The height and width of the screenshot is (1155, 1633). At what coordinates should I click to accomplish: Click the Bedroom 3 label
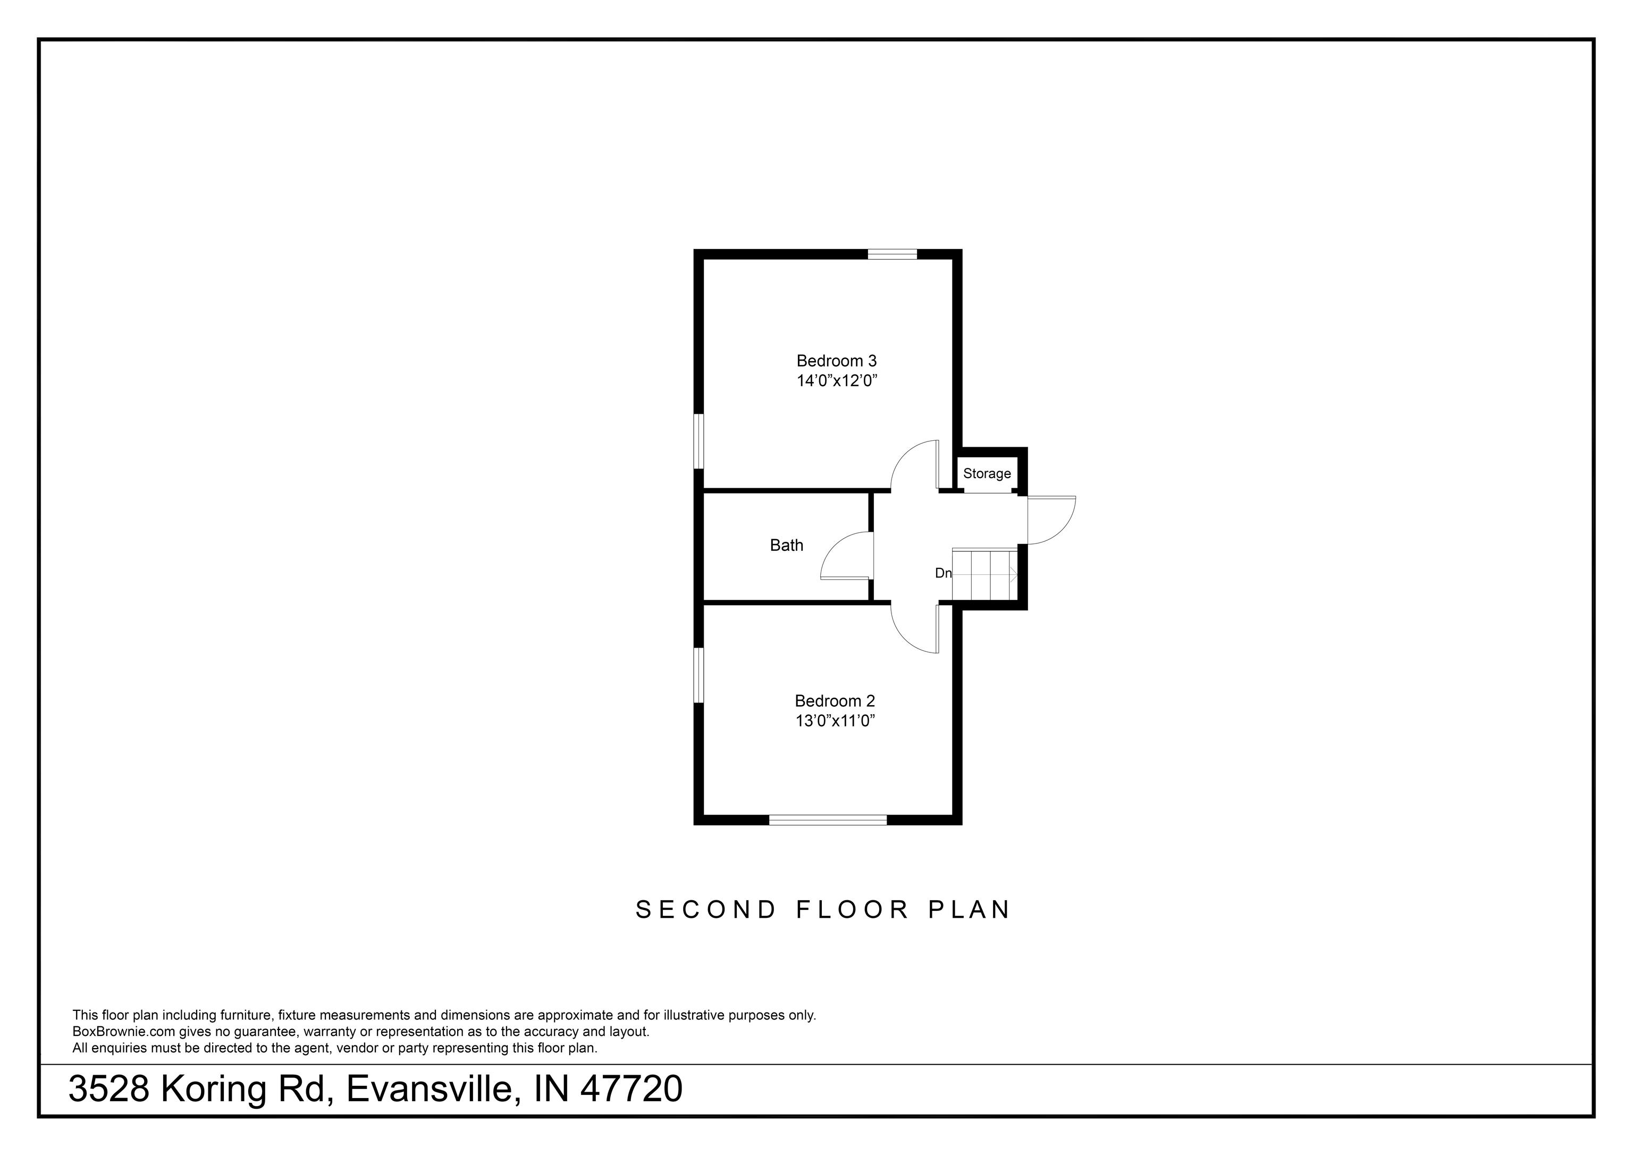tap(836, 361)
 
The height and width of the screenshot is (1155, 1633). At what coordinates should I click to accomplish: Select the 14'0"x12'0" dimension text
tap(836, 381)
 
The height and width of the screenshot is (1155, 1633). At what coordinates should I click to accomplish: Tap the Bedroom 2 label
tap(834, 701)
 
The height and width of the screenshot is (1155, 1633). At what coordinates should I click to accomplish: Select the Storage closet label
tap(987, 473)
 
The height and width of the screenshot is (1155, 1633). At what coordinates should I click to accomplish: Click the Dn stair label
tap(942, 573)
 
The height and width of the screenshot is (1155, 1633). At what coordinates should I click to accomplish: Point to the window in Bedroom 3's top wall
tap(892, 253)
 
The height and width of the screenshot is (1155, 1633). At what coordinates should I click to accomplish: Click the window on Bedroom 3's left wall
tap(698, 441)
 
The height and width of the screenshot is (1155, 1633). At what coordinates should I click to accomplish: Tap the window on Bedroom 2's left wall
tap(698, 675)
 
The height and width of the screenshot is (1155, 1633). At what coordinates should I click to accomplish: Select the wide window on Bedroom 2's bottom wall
tap(828, 821)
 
